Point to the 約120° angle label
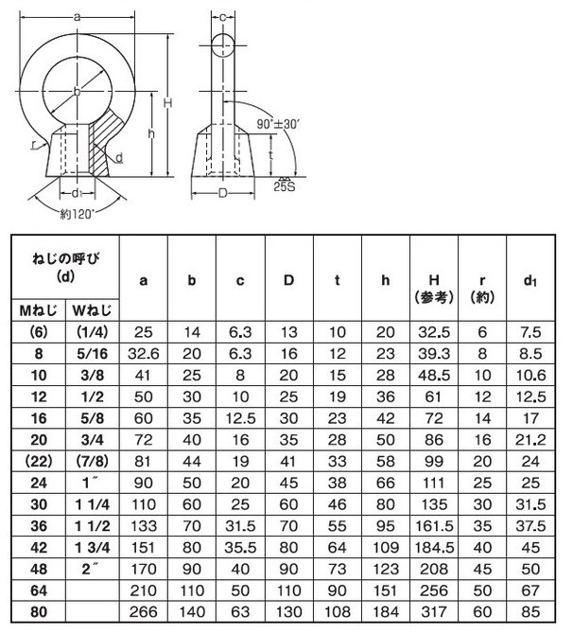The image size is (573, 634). pos(78,214)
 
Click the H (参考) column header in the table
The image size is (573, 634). pos(434,287)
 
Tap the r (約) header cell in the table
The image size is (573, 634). pos(483,287)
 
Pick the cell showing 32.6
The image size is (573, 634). pos(143,354)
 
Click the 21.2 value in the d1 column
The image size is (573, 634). pos(532,439)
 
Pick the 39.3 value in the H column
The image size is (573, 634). pos(434,354)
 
